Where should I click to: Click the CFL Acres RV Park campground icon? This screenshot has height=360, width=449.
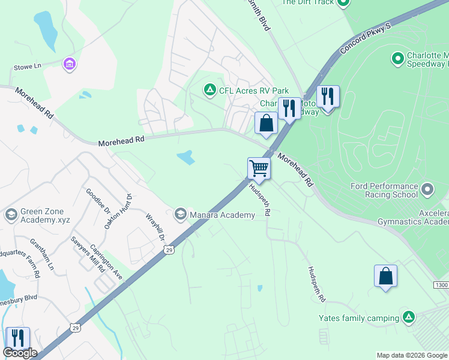pyautogui.click(x=209, y=91)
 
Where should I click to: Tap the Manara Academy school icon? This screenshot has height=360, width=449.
pyautogui.click(x=180, y=214)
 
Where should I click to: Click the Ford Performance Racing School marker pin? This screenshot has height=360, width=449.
pyautogui.click(x=427, y=190)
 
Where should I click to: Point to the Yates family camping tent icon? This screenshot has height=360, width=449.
pyautogui.click(x=409, y=317)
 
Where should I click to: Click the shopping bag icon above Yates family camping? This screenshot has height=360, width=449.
pyautogui.click(x=385, y=276)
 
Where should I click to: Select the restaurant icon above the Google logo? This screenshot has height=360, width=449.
pyautogui.click(x=17, y=338)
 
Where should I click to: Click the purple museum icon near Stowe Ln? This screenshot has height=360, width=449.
pyautogui.click(x=69, y=64)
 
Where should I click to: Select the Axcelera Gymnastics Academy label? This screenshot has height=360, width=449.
pyautogui.click(x=412, y=217)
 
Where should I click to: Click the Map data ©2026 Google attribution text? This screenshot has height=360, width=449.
pyautogui.click(x=411, y=355)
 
